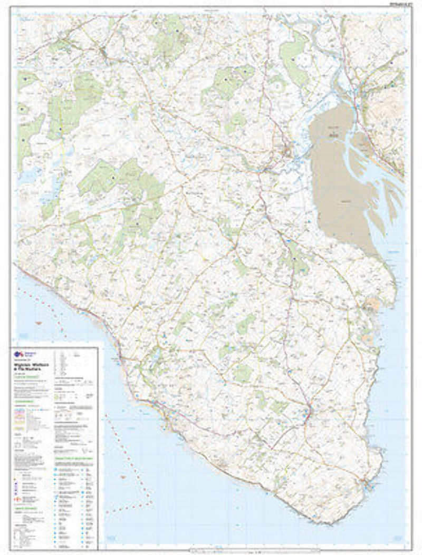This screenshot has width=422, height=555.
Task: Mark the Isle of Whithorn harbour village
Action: [367, 483]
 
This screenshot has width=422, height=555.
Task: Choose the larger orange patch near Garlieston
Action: [375, 303]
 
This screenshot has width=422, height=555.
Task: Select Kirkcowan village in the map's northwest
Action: [103, 53]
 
